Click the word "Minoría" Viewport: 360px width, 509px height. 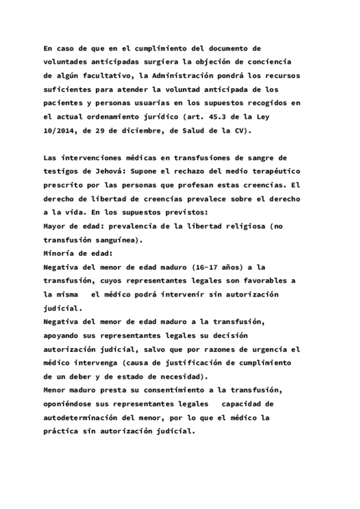pos(59,253)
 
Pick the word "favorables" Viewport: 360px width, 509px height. pos(267,282)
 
